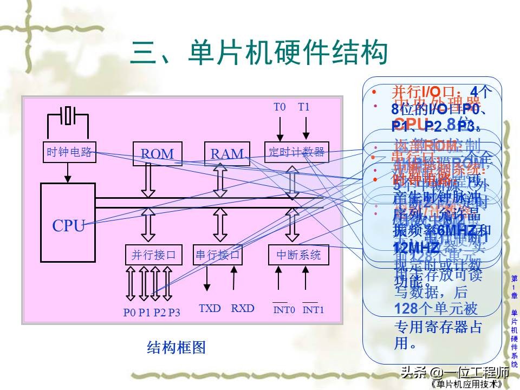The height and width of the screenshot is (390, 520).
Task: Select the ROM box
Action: [157, 153]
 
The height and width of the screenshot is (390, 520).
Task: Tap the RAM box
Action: [227, 153]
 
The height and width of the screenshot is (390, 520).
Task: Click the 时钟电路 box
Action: [68, 152]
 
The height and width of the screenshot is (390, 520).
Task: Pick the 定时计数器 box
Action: [296, 152]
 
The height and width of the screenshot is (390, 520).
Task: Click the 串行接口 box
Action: [218, 255]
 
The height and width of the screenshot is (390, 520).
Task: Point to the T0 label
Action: [279, 107]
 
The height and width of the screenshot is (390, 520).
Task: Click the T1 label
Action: [304, 107]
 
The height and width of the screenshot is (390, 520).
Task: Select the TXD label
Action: [210, 308]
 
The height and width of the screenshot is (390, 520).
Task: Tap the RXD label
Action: [243, 308]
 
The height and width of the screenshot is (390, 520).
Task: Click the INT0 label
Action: [284, 310]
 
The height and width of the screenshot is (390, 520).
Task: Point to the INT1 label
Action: [313, 310]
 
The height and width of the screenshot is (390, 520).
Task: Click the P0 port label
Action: [129, 312]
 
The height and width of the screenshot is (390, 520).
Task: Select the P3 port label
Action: [174, 312]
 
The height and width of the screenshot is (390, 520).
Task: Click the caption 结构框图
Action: [177, 347]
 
